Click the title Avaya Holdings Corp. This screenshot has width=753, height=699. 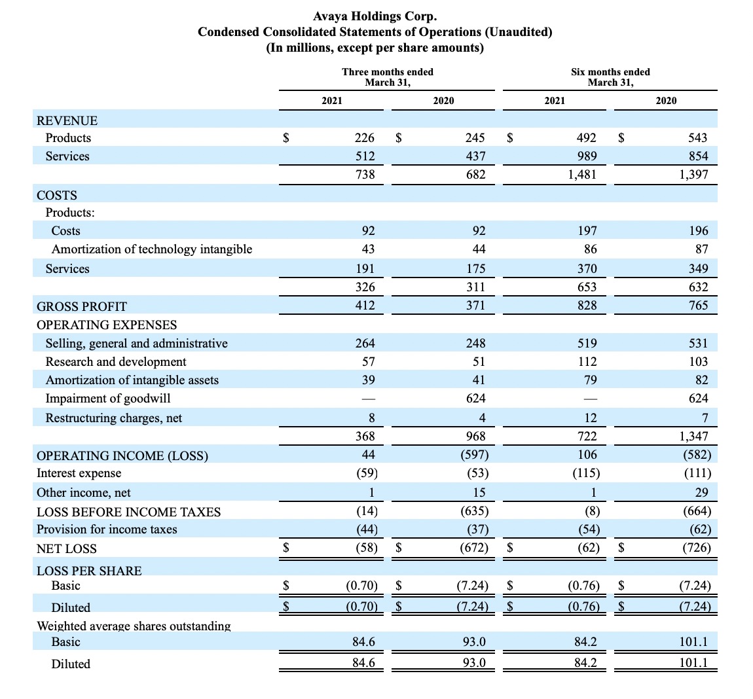[x=375, y=16]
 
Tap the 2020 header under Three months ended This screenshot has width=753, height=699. [x=443, y=100]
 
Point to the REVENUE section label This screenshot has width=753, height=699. [x=67, y=120]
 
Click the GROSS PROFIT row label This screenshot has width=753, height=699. [x=82, y=306]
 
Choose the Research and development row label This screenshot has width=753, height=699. [x=116, y=361]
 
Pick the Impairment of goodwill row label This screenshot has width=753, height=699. [x=108, y=399]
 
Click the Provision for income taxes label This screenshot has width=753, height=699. [x=107, y=529]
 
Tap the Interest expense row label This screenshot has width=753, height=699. [x=79, y=473]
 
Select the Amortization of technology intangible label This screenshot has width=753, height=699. [x=152, y=249]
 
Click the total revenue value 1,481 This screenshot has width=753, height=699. [x=582, y=174]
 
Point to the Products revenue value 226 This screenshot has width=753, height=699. [x=365, y=138]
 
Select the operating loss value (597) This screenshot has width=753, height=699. [x=475, y=455]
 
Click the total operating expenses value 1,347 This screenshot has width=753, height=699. [x=693, y=437]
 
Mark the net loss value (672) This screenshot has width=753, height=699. [x=474, y=548]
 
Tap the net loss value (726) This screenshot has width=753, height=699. [x=697, y=548]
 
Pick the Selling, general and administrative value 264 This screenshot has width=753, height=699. [x=365, y=343]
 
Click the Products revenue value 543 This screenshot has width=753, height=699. [x=698, y=138]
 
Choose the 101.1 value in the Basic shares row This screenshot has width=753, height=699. [x=693, y=642]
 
